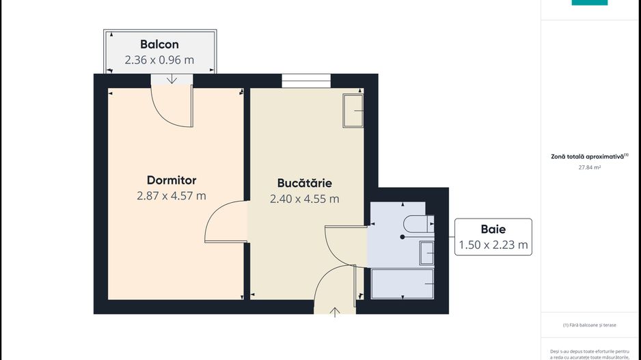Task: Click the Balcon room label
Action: [x=159, y=44]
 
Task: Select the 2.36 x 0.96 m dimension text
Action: [x=159, y=60]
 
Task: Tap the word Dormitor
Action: [x=172, y=180]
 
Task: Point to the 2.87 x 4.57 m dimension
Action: [x=172, y=196]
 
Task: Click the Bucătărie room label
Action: [x=305, y=183]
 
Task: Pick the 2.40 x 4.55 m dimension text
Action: [x=305, y=199]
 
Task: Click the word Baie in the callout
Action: [x=493, y=229]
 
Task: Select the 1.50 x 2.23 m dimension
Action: [x=493, y=245]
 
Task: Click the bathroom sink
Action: [x=427, y=253]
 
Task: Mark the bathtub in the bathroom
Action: [x=403, y=283]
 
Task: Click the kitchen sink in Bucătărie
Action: [x=353, y=111]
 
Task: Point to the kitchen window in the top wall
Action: [x=306, y=81]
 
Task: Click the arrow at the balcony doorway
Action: [x=172, y=80]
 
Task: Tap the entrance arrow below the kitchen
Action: [x=335, y=312]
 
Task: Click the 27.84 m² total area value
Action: [x=588, y=167]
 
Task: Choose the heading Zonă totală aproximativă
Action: [x=588, y=156]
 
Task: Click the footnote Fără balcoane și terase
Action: [x=589, y=325]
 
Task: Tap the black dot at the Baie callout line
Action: [x=403, y=237]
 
